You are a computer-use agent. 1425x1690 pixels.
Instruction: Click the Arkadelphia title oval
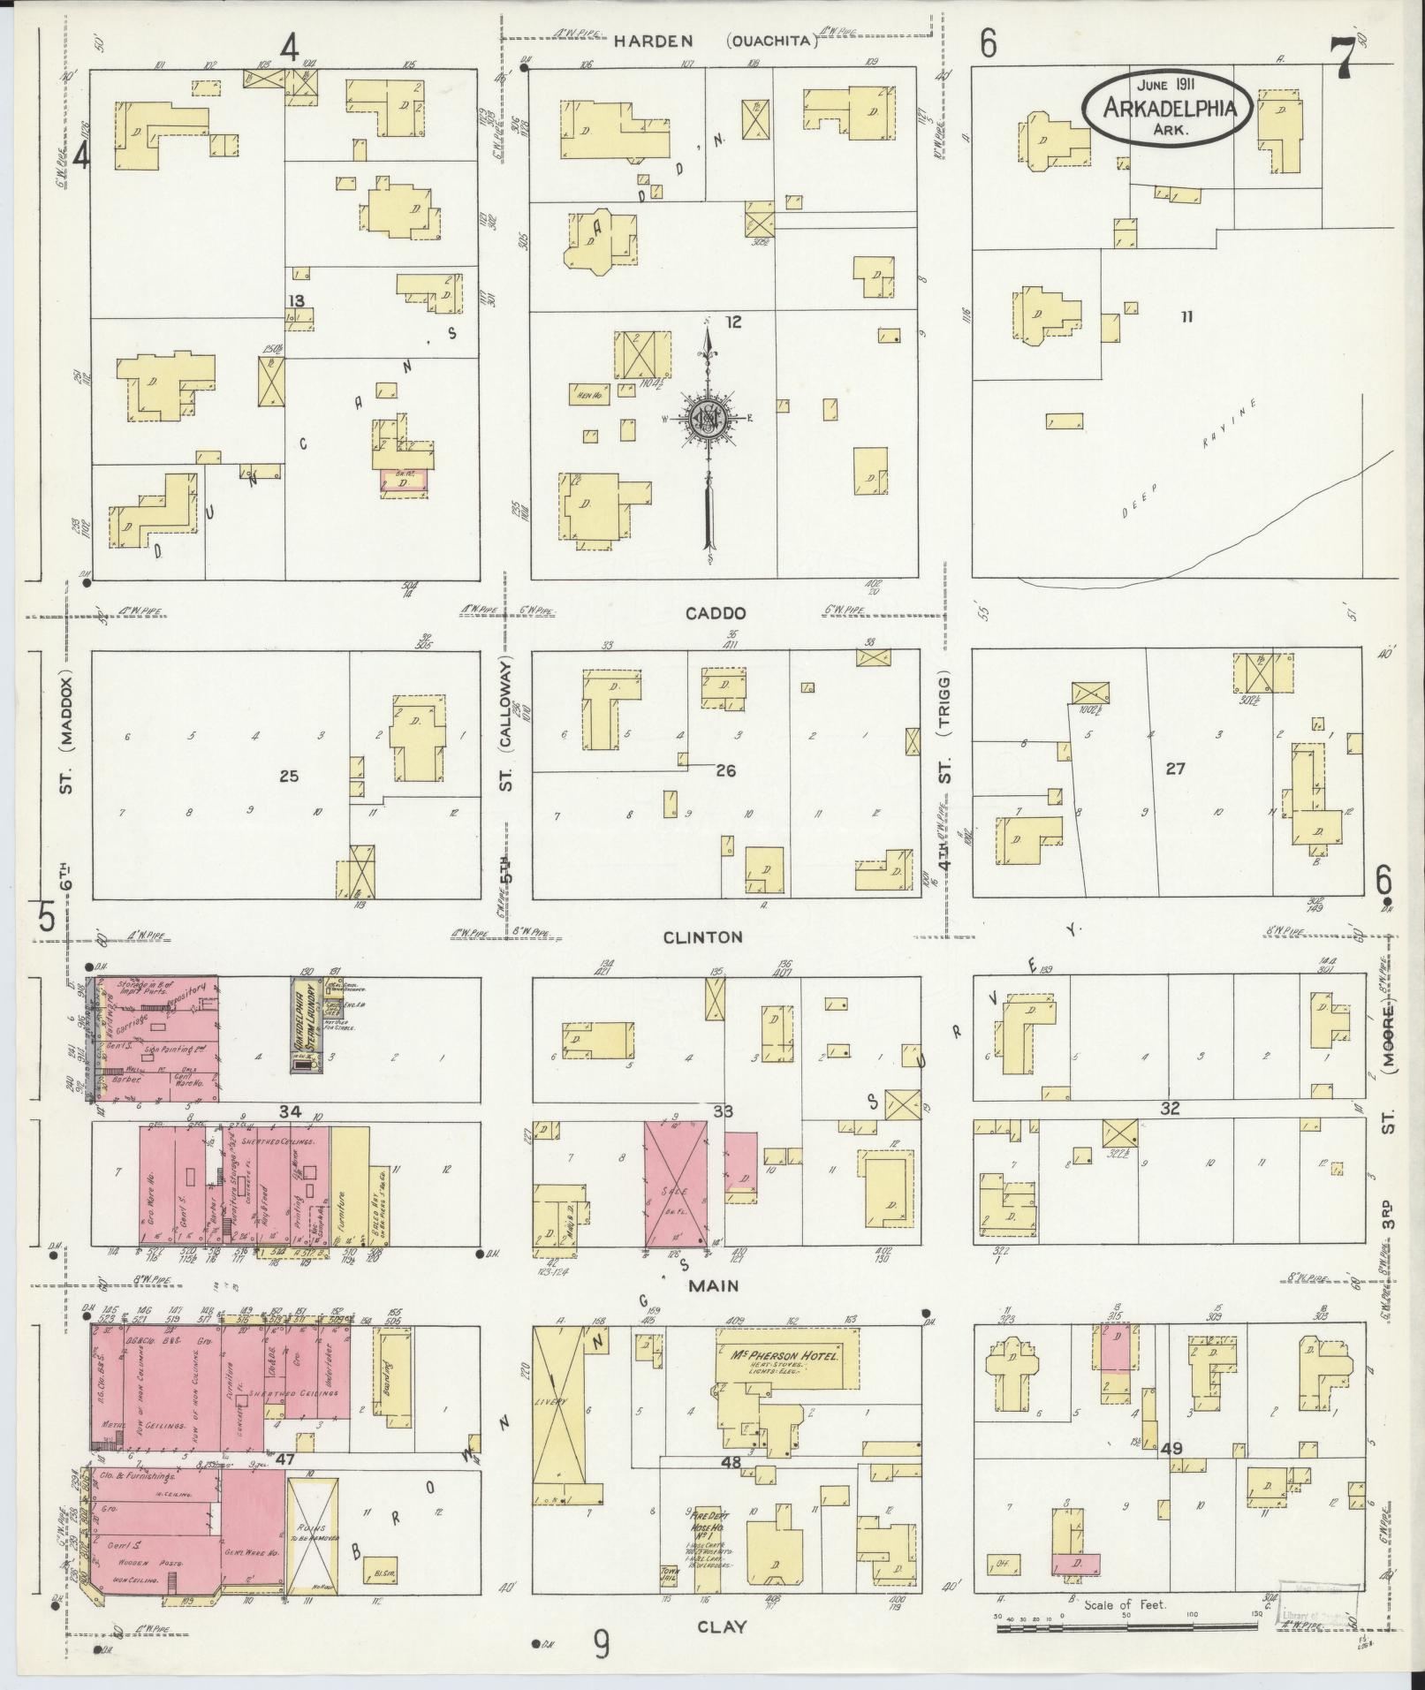click(x=1167, y=108)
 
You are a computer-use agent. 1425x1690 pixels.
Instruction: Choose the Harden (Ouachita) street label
click(x=716, y=41)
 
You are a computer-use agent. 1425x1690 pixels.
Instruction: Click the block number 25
click(x=289, y=777)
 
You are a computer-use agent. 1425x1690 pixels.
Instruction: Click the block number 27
click(x=1174, y=769)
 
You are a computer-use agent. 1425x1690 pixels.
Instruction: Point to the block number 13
click(x=295, y=301)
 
